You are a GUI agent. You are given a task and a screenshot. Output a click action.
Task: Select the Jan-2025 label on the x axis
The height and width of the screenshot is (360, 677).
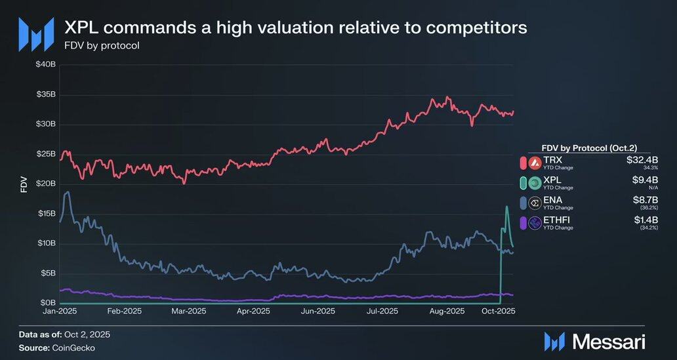coord(60,311)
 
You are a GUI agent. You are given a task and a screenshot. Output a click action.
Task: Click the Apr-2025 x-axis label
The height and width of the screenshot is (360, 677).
coord(252,311)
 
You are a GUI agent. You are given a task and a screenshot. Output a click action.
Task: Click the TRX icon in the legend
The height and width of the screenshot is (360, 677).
coord(533,162)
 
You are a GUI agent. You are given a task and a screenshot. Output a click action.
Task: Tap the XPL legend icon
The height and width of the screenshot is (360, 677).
coord(533,182)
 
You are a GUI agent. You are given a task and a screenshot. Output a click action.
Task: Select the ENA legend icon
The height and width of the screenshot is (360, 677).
coord(533,203)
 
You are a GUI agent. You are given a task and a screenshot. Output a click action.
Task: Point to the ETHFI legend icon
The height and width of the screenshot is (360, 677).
coord(533,223)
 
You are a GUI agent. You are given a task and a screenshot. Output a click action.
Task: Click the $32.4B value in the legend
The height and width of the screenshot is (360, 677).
coord(643,160)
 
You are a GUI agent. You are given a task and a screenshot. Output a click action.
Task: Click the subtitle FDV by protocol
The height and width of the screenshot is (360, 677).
coord(102,46)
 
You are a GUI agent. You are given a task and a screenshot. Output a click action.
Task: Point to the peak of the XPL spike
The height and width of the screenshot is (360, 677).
coord(506,207)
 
